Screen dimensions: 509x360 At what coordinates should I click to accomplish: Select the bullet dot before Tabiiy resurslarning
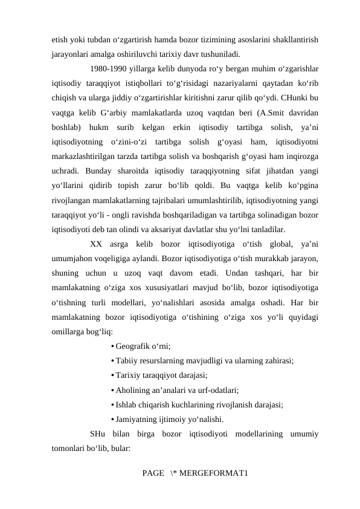click(x=112, y=361)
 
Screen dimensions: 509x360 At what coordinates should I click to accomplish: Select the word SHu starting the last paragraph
click(x=97, y=433)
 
